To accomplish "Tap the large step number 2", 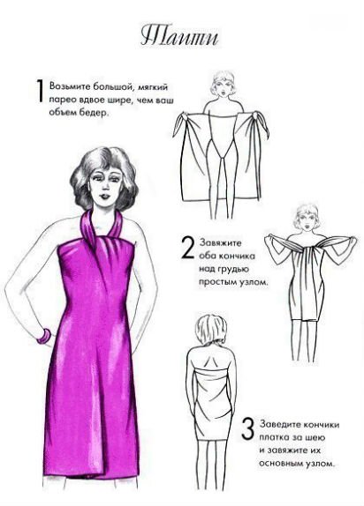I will (187, 247).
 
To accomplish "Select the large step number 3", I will (248, 429).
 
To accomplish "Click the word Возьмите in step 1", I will (70, 86).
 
